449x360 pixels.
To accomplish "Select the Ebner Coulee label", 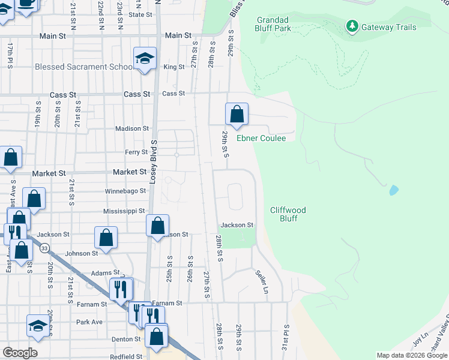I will [261, 138].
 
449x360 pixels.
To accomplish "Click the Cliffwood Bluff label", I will [288, 214].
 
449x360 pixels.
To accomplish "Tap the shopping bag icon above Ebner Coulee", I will [237, 114].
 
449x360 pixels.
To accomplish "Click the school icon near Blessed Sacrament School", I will [145, 59].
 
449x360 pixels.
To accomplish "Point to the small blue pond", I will [394, 191].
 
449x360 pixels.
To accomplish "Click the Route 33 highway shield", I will [44, 247].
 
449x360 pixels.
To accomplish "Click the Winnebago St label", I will [125, 191].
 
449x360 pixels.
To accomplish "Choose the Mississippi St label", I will [124, 211].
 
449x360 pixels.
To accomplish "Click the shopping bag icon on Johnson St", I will [106, 238].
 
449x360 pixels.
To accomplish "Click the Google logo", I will [20, 353].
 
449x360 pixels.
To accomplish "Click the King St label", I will [173, 67].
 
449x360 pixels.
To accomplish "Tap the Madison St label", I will [132, 128].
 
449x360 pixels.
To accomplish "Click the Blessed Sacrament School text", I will [83, 67].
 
